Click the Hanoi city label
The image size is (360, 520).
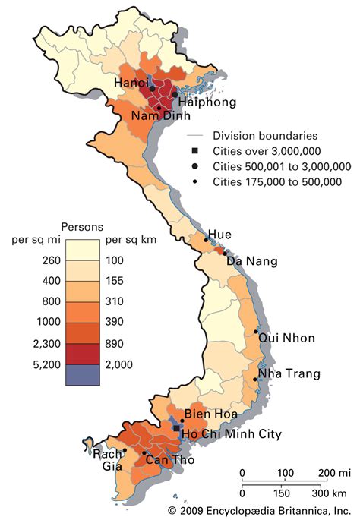131,82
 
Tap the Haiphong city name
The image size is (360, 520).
207,102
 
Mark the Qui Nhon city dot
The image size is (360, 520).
256,332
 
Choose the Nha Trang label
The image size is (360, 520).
289,373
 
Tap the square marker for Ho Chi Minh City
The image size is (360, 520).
176,429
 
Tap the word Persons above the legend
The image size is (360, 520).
82,226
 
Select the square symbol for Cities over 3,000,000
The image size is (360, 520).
195,151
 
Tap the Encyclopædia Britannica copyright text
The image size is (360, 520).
258,511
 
